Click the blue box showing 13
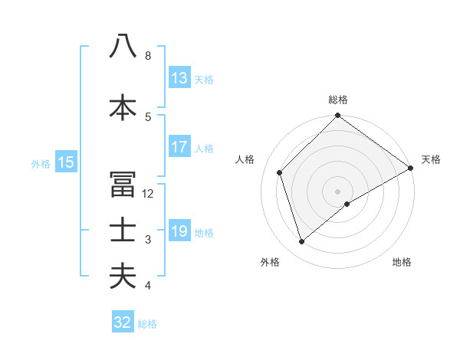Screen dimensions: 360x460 (179, 78)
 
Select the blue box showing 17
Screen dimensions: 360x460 (179, 147)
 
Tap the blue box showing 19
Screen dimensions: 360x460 (179, 231)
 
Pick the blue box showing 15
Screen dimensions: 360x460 (66, 162)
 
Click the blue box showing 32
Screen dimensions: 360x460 (123, 322)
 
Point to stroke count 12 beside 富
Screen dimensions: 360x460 (148, 194)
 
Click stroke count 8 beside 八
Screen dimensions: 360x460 (148, 56)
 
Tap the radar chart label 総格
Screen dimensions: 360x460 (338, 100)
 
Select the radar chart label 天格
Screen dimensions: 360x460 (431, 159)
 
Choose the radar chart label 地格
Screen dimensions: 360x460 (402, 262)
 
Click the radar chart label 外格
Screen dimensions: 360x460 (270, 262)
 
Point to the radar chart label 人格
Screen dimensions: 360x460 (245, 159)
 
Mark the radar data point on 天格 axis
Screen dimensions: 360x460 (411, 169)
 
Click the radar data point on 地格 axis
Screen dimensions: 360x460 (347, 204)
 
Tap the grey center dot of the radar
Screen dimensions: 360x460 (337, 191)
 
